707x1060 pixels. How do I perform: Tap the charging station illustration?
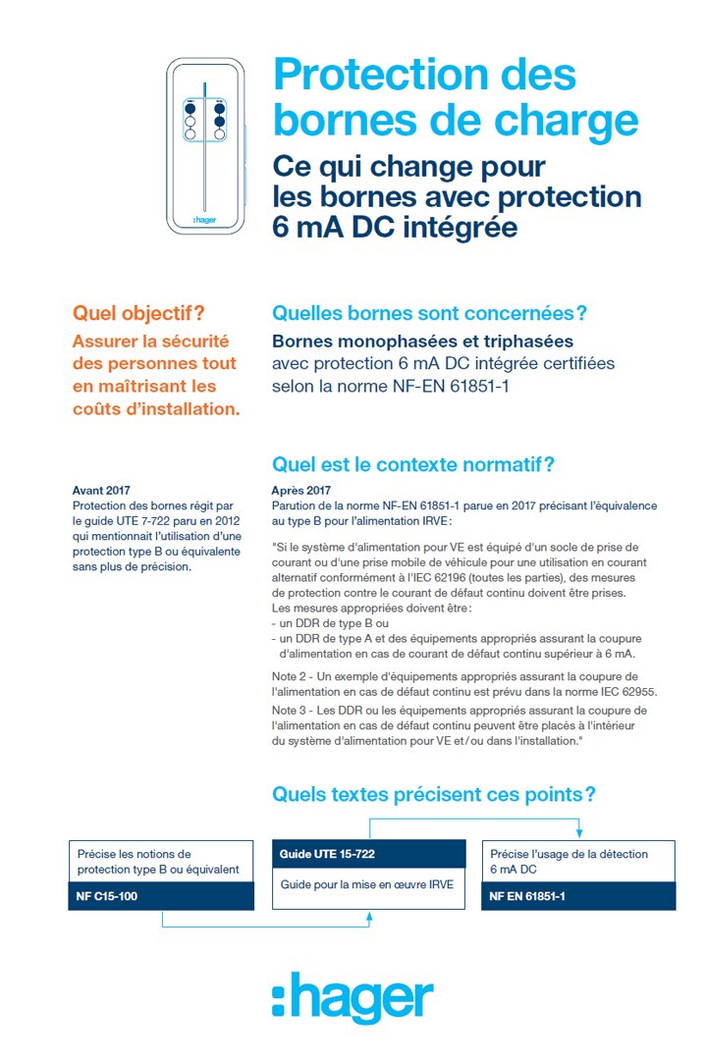(204, 145)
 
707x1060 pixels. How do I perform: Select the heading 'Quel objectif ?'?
(138, 314)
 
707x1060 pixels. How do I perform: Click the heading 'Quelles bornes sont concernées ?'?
(429, 314)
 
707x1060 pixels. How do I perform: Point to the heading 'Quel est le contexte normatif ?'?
(413, 463)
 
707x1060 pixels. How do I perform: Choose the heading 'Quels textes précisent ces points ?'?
(434, 793)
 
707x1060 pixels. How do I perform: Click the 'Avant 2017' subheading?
(101, 490)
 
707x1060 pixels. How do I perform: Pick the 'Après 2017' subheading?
(300, 490)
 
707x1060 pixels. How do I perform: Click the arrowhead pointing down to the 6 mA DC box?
(579, 832)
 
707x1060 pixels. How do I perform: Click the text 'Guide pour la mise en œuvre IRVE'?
(367, 884)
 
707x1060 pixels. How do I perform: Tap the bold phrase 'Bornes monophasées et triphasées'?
(422, 342)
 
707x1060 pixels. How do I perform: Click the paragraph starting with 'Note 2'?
(463, 684)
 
